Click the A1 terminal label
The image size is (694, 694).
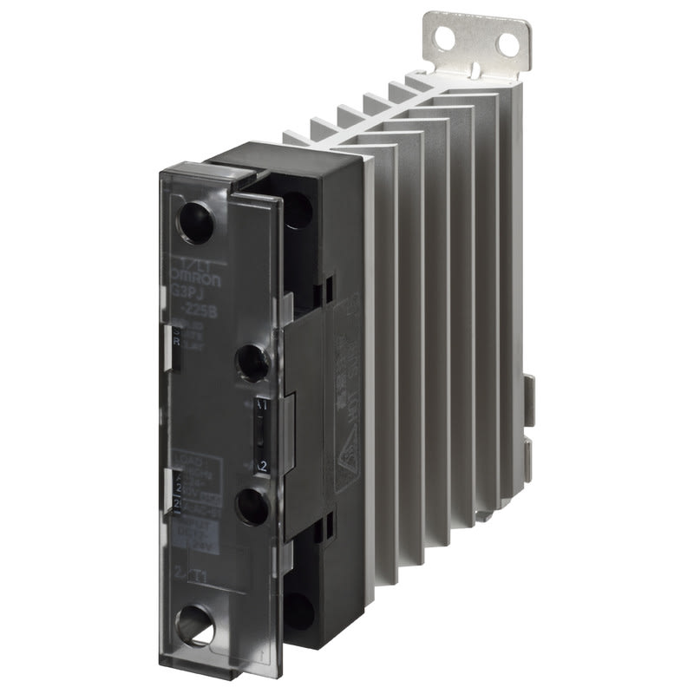[263, 404]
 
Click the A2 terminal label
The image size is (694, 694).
[261, 466]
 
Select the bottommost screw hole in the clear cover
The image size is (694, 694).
[195, 626]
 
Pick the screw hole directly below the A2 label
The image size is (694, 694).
[252, 507]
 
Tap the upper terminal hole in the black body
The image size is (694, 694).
[296, 208]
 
